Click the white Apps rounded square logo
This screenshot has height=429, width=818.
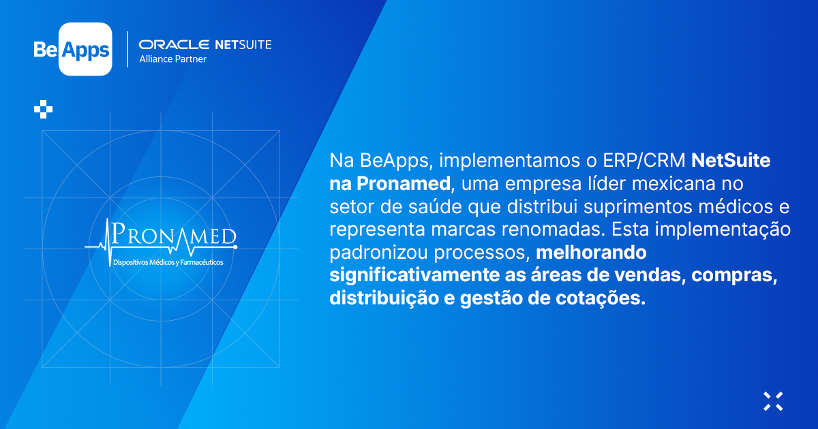(85, 49)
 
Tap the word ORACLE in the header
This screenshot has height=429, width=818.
(174, 44)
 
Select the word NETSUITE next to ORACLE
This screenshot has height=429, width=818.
(243, 44)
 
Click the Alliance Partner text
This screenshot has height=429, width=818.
(172, 59)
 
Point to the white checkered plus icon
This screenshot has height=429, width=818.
(43, 109)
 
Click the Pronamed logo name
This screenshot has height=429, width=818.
(174, 235)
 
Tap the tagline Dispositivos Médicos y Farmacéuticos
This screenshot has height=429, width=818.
(168, 262)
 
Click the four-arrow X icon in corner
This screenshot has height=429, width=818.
(773, 401)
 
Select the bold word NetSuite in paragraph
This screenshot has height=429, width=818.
(731, 161)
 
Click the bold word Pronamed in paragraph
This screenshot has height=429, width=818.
(404, 183)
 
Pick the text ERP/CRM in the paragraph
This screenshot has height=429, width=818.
(643, 161)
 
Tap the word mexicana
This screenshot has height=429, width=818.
(673, 183)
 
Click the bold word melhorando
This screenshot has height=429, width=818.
(591, 253)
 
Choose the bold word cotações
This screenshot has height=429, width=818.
(601, 298)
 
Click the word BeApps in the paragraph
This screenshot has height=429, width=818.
(396, 161)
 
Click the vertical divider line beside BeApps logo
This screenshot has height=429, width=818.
(127, 49)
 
